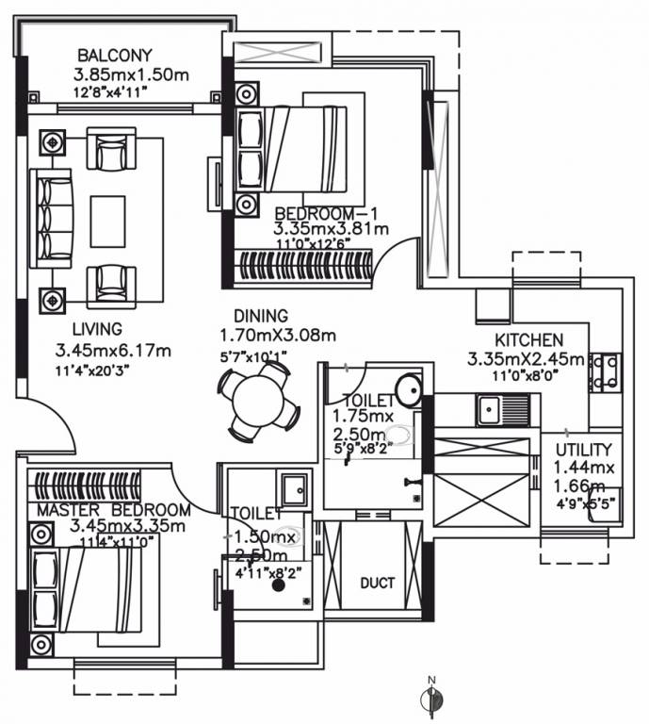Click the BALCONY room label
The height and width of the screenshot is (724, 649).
(x=114, y=55)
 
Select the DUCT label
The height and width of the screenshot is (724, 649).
(x=376, y=584)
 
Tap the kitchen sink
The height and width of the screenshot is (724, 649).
(x=490, y=410)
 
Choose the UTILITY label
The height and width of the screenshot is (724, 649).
(x=584, y=450)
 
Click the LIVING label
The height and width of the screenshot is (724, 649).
(x=96, y=330)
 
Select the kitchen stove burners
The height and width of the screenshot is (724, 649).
(x=604, y=372)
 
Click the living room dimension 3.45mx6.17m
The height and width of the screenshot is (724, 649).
(x=113, y=351)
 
